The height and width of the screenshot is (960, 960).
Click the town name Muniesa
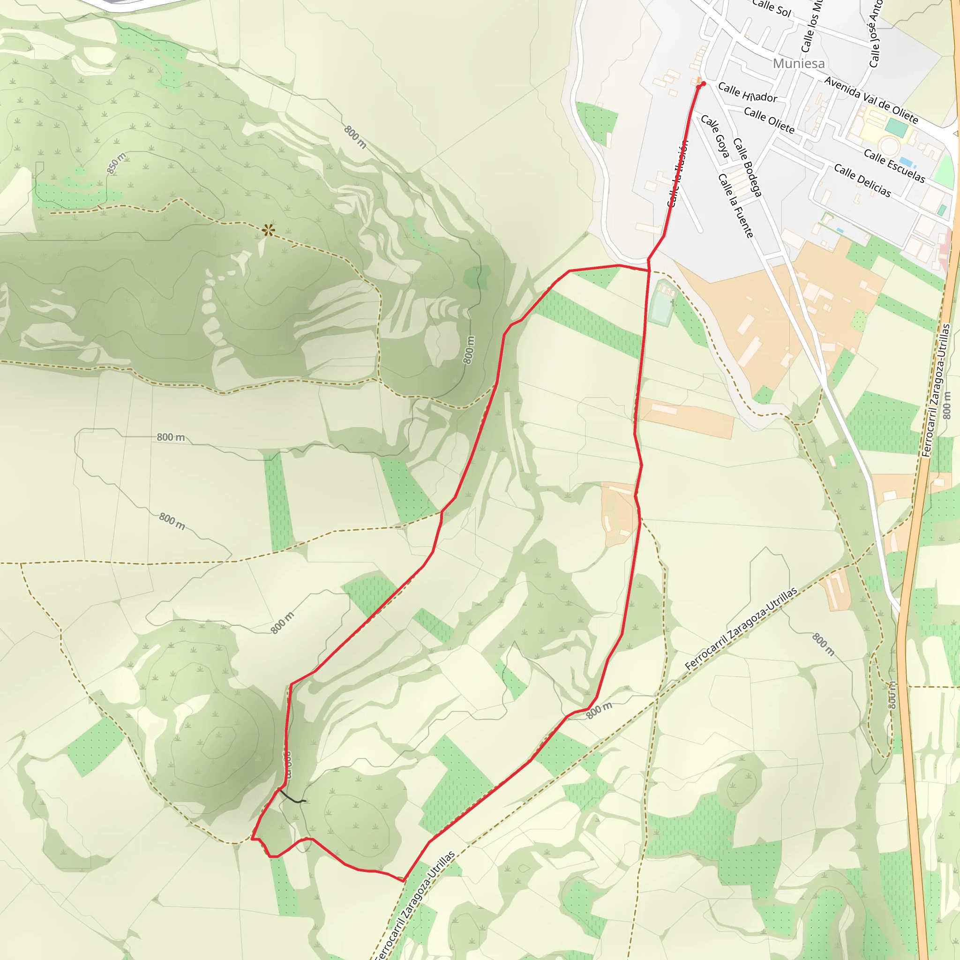click(798, 64)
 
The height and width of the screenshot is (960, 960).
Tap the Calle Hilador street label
click(747, 92)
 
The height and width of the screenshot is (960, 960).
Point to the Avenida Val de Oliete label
click(870, 99)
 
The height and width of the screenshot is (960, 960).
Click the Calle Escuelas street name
click(894, 166)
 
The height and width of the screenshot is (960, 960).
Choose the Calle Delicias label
click(862, 180)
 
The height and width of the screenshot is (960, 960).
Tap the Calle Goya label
click(715, 136)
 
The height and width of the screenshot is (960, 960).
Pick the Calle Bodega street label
click(747, 167)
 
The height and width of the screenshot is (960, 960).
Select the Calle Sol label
click(771, 8)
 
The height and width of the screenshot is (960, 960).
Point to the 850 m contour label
click(116, 164)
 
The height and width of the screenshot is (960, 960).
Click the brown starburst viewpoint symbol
click(268, 230)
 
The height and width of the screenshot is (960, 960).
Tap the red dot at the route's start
click(703, 83)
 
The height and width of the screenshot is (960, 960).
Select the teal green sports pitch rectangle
click(896, 127)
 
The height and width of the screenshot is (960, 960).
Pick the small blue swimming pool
click(906, 162)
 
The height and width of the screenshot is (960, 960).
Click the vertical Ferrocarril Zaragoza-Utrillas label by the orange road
click(936, 390)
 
